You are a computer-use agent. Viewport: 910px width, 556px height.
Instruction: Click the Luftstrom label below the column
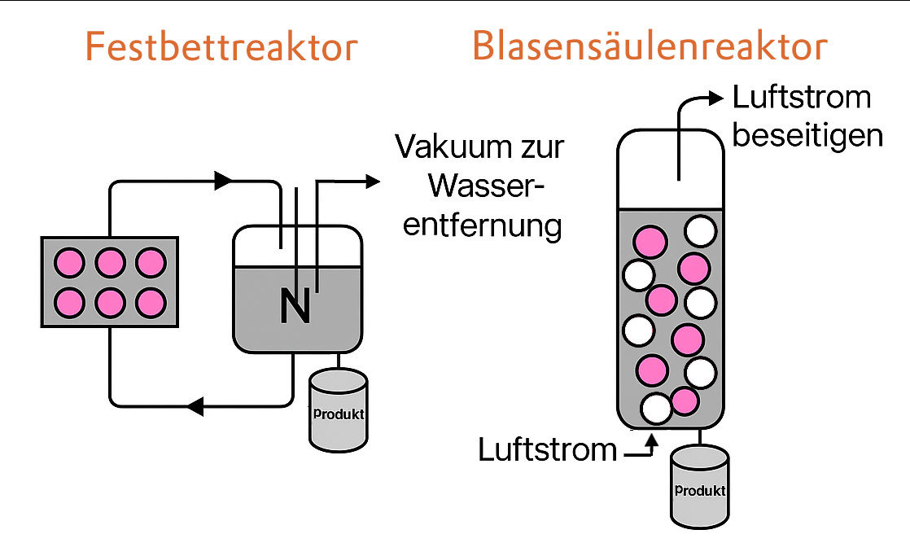(x=547, y=449)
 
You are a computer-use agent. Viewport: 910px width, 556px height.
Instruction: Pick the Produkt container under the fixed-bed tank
(x=338, y=411)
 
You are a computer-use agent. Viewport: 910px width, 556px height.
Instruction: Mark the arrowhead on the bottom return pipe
(x=194, y=405)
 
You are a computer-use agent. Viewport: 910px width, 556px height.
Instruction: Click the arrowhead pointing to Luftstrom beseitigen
(x=715, y=99)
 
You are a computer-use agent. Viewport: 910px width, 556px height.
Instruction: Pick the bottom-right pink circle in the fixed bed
(x=151, y=302)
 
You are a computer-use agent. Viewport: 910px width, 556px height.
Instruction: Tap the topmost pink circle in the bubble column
(x=650, y=242)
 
